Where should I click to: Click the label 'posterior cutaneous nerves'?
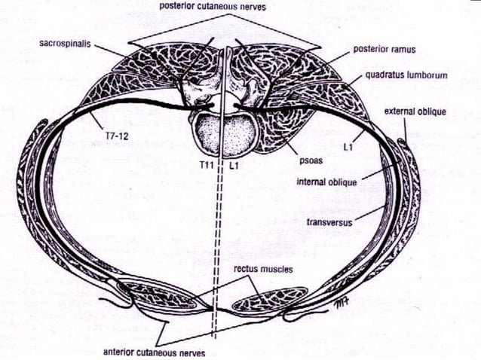[x=213, y=7]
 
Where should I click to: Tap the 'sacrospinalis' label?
[x=65, y=44]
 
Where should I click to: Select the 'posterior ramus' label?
[x=384, y=49]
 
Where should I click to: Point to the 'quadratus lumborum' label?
[x=406, y=75]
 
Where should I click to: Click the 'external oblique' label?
[x=415, y=111]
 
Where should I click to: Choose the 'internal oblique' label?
[x=326, y=182]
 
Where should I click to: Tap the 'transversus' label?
[x=329, y=222]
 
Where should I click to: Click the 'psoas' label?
[x=311, y=160]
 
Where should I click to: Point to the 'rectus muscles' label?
[x=263, y=269]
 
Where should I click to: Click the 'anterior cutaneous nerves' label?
[x=154, y=352]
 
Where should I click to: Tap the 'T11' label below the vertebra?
[x=206, y=165]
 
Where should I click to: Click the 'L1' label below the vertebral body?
[x=234, y=166]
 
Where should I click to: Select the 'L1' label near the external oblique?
[x=348, y=147]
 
